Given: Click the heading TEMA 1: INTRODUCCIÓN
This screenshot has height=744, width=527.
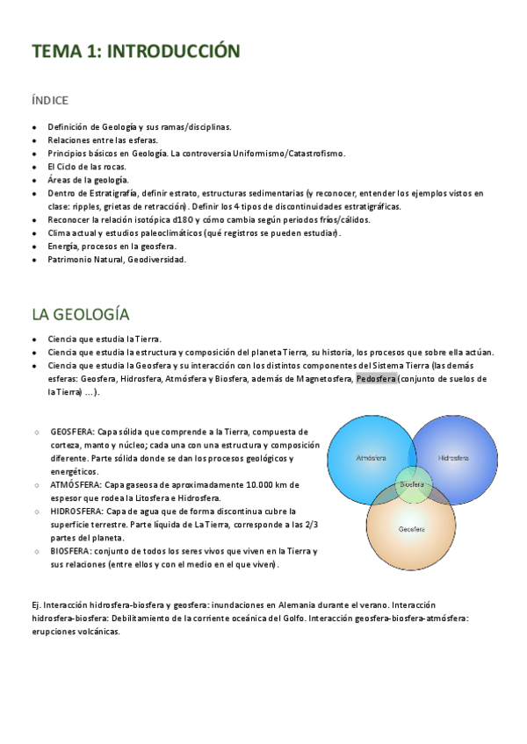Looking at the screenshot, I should coord(135,52).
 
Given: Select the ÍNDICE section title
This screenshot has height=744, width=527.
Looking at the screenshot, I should coord(49,101).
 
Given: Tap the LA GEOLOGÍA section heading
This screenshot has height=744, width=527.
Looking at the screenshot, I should coord(80,314).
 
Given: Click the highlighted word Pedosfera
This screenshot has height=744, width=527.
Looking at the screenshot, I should coord(377,379).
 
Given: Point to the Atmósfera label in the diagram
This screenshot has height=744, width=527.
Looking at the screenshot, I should coord(372,458).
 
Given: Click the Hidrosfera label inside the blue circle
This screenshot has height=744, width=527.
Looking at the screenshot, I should coord(453,458).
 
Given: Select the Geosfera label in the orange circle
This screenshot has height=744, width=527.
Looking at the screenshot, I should coord(412,529).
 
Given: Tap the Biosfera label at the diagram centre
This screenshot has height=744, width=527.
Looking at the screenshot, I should coord(412,483).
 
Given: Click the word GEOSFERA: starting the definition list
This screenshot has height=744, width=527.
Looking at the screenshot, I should coord(72,432).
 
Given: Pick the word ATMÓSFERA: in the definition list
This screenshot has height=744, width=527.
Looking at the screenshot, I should coord(76,484).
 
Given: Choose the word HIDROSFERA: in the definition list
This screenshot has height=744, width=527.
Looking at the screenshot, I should coord(77,511).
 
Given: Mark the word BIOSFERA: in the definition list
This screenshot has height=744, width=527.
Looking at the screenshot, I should coord(73,551).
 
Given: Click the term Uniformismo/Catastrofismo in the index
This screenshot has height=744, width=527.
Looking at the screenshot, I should coord(288,154).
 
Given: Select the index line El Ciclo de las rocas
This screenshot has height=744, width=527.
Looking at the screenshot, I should coord(87,167).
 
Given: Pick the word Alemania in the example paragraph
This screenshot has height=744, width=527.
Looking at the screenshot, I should coord(273,605).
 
